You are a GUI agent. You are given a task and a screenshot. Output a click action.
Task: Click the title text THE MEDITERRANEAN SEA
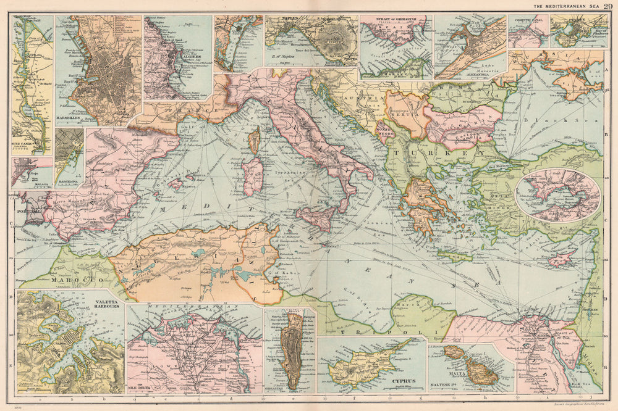567,6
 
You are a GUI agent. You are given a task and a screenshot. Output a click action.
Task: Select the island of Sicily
315,218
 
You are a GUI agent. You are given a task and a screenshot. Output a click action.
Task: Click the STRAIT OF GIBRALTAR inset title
396,19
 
